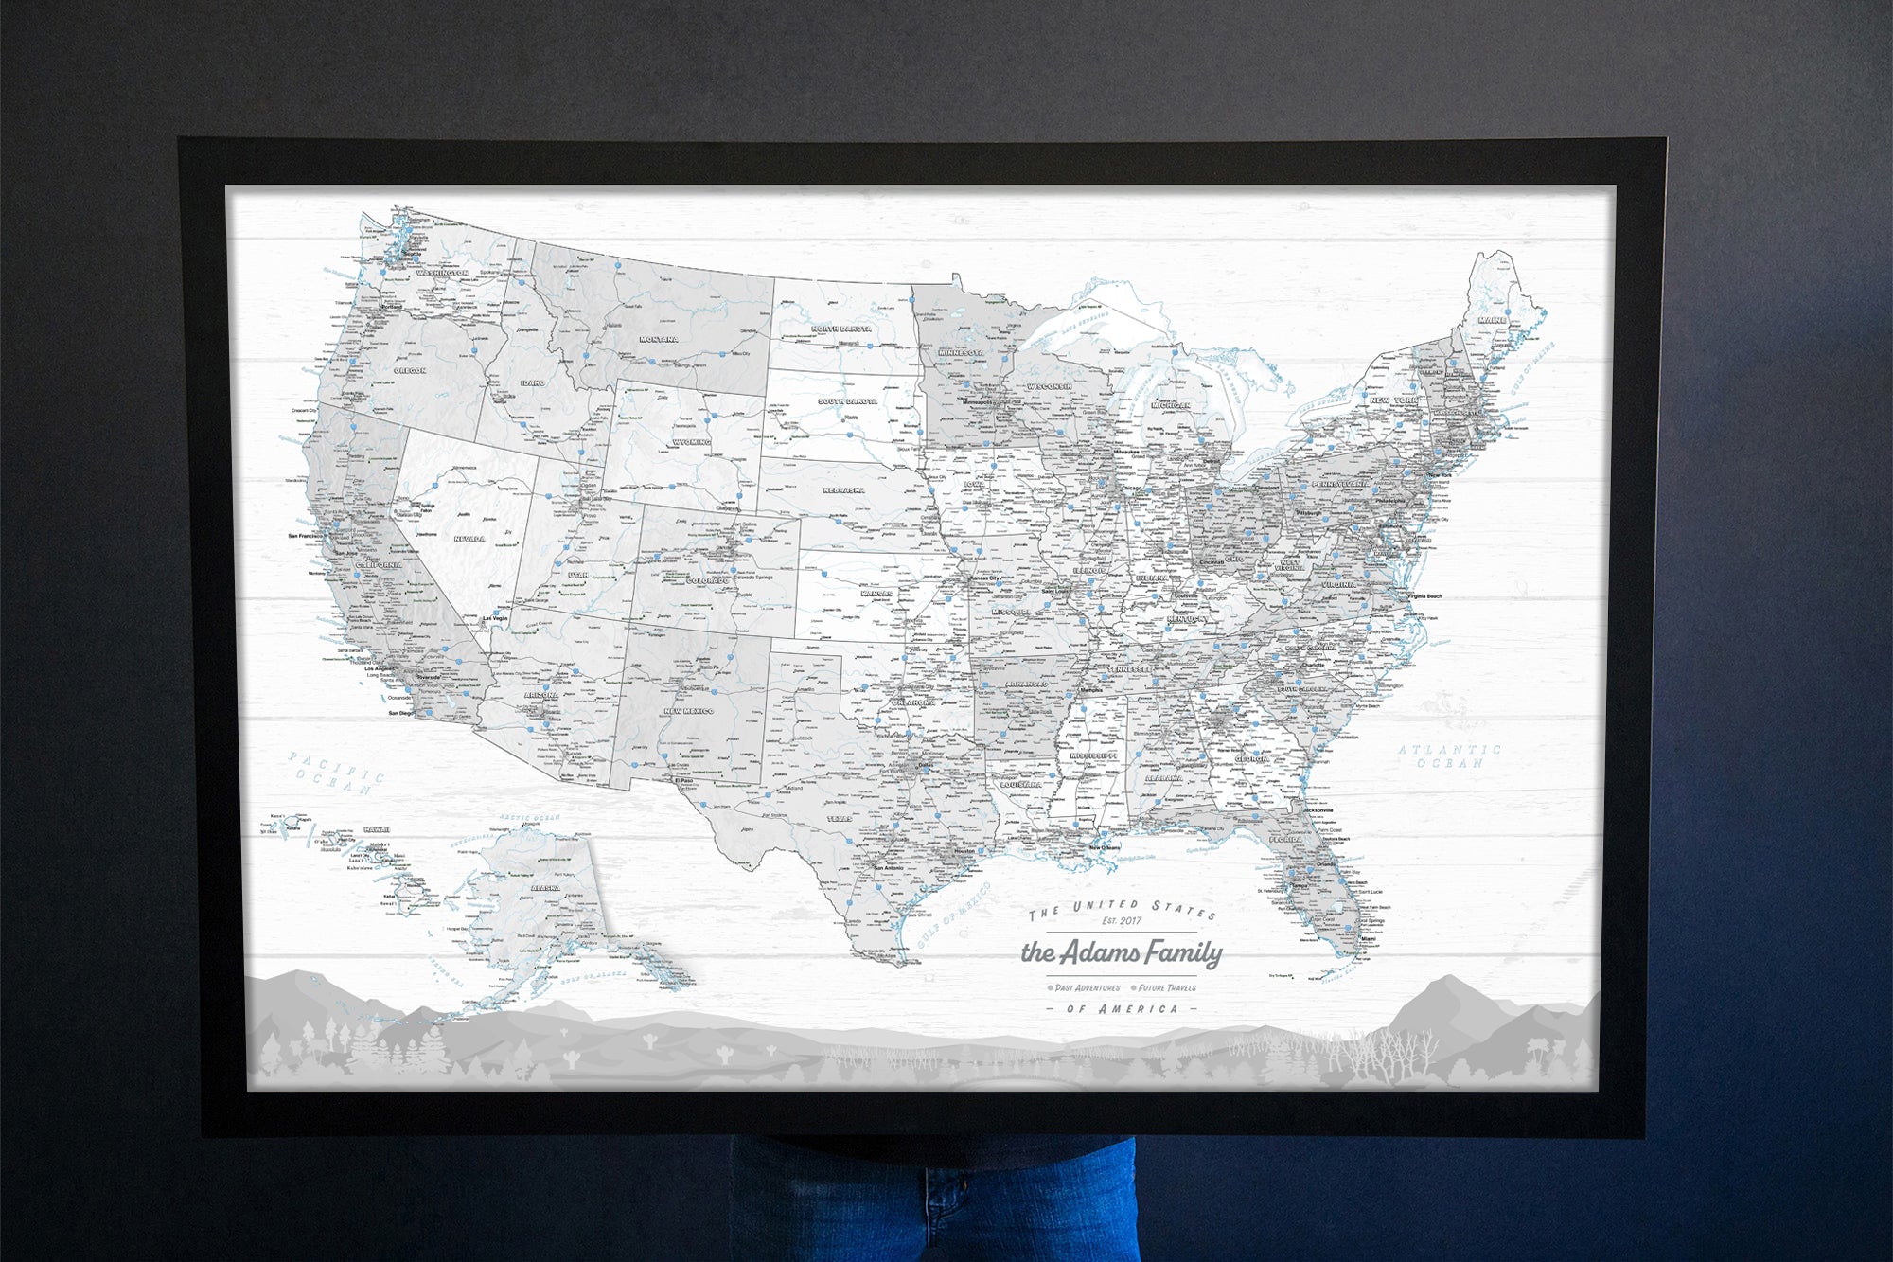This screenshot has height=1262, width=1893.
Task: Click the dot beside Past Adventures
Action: tap(1051, 988)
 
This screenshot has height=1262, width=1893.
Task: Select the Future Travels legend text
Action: tap(1167, 987)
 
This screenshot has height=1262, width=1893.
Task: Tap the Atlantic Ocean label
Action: tap(1449, 755)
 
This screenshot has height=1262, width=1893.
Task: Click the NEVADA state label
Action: tap(469, 540)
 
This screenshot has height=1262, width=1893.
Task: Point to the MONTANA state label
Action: tap(658, 339)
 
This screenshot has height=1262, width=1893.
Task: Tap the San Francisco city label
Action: tap(305, 536)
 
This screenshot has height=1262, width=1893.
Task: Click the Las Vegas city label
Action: tap(495, 618)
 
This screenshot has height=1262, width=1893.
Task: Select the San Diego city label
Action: tap(401, 714)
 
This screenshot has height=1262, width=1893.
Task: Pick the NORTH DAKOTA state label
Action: tap(841, 329)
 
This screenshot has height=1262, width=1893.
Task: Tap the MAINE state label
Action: tap(1492, 320)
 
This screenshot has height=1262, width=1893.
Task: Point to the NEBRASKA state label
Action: tap(843, 490)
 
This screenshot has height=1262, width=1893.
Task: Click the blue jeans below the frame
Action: tap(932, 1202)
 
